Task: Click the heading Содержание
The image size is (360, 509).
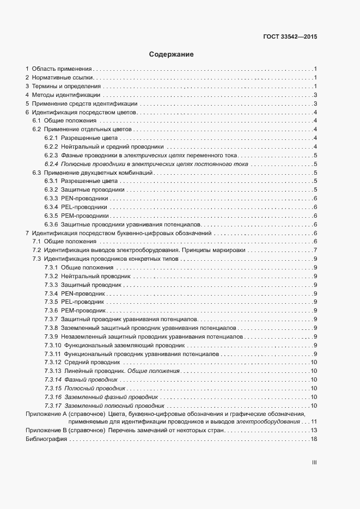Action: tap(171, 54)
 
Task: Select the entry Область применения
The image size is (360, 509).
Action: tap(62, 69)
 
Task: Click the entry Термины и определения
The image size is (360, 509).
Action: tap(66, 87)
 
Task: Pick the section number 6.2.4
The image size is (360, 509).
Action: tap(51, 164)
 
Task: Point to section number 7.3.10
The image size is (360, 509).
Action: tap(52, 345)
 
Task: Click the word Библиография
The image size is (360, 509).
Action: tap(46, 439)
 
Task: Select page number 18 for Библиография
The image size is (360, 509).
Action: tap(314, 439)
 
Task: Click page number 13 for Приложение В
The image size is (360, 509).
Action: tap(314, 431)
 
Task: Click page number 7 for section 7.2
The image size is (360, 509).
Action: tap(315, 250)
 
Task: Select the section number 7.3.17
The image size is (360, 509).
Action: tap(52, 406)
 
